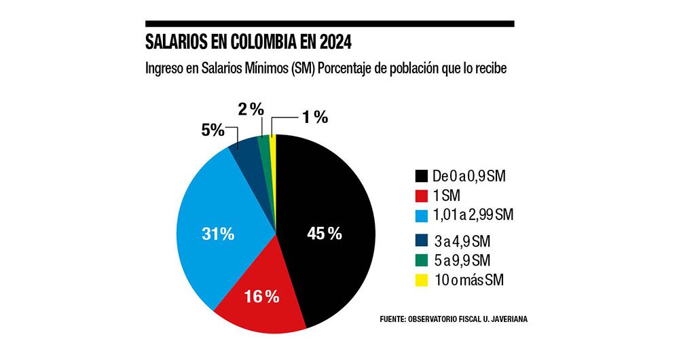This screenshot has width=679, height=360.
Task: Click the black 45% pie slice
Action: pyautogui.click(x=333, y=204)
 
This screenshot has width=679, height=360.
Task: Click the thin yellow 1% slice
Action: pyautogui.click(x=273, y=146)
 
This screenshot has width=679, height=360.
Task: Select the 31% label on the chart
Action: pyautogui.click(x=218, y=234)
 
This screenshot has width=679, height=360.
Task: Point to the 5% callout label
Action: pyautogui.click(x=213, y=130)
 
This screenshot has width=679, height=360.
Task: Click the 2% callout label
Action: pyautogui.click(x=250, y=109)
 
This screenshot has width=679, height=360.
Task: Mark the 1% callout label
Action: pyautogui.click(x=315, y=118)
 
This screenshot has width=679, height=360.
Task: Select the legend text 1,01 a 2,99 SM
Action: pyautogui.click(x=473, y=215)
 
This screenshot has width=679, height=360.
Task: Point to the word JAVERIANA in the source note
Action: pyautogui.click(x=504, y=318)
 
